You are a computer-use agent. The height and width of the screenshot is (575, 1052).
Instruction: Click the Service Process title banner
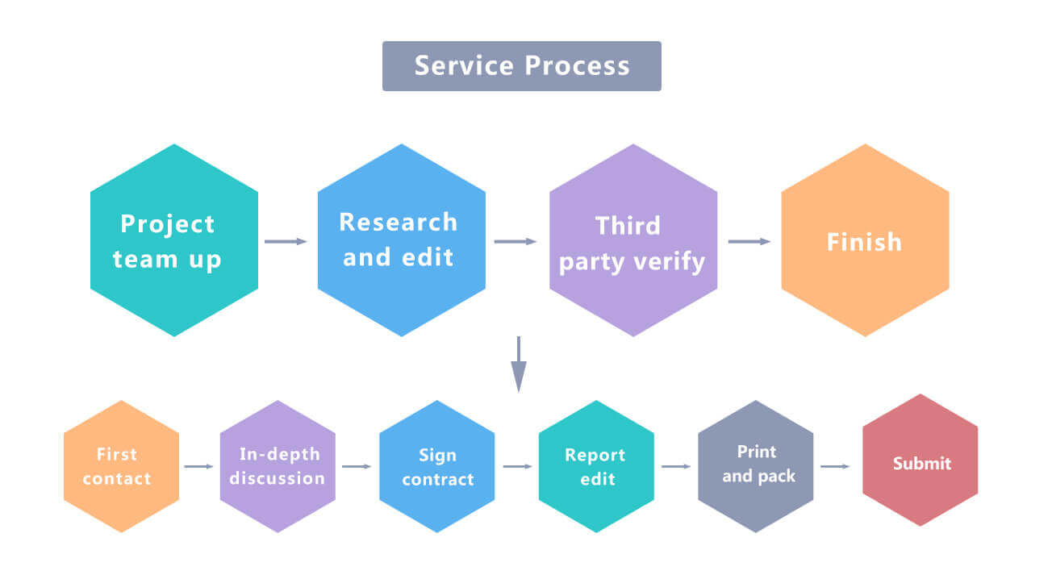click(521, 66)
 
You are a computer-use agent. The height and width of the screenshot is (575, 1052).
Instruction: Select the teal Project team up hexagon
click(174, 240)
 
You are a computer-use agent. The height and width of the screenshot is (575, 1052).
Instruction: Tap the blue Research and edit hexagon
click(402, 240)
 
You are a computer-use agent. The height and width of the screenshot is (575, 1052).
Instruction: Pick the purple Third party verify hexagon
click(633, 240)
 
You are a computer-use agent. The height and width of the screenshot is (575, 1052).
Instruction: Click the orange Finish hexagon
click(865, 240)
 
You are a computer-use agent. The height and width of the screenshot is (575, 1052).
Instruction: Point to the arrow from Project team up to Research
click(286, 241)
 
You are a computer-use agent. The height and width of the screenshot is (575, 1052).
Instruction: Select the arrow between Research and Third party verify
click(516, 241)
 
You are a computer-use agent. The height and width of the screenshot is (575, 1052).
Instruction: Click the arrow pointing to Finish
click(749, 241)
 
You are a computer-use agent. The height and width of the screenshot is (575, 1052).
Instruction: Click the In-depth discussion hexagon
click(278, 466)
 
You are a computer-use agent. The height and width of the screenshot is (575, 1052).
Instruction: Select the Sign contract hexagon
click(437, 466)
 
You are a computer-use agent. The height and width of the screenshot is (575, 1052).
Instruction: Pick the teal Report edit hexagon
click(596, 466)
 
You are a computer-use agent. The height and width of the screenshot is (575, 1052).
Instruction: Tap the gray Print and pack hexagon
click(756, 466)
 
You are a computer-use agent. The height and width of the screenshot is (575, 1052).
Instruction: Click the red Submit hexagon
click(920, 461)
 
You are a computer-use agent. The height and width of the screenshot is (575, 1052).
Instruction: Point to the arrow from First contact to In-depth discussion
click(199, 466)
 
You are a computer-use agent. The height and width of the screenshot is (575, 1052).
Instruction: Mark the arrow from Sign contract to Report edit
click(518, 466)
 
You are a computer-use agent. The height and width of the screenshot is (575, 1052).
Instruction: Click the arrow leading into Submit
click(836, 466)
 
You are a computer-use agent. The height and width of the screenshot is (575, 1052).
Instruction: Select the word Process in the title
click(577, 66)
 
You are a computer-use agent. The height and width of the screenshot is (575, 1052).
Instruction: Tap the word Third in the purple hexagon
click(628, 226)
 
